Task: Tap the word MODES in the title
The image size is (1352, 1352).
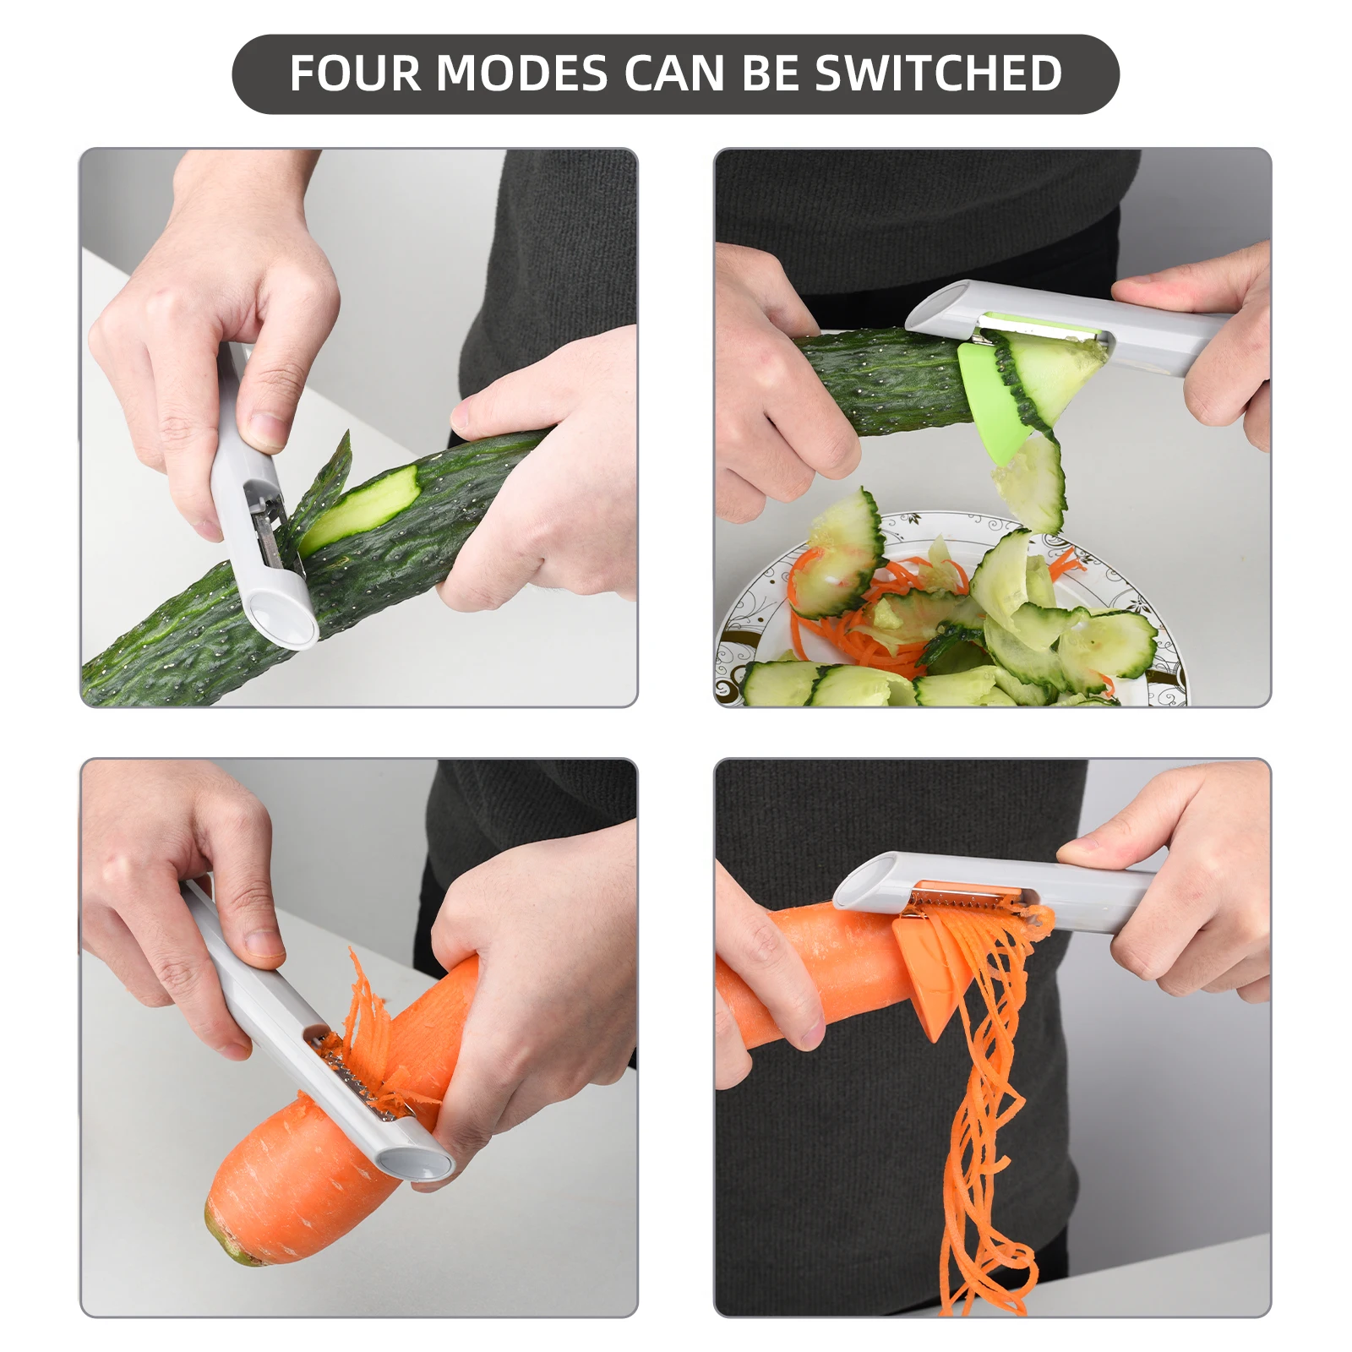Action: [x=521, y=74]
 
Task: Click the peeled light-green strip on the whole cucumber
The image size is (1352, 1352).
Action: [x=363, y=507]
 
